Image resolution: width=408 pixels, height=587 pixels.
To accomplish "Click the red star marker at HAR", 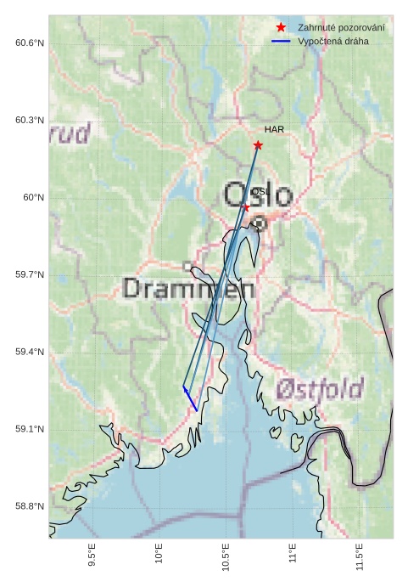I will point(258,145).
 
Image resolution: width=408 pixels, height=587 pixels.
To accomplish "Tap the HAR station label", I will point(274,130).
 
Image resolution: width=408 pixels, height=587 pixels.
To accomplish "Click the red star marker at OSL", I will point(246,207).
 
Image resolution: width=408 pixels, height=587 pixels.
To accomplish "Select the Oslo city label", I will point(258,195).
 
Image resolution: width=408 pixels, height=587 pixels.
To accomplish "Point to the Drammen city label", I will point(188,289).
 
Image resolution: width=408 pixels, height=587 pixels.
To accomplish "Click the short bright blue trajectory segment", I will point(190,399).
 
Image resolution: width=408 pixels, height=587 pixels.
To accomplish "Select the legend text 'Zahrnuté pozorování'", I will point(341,28).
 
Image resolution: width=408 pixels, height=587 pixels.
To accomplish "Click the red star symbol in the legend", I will point(281,28).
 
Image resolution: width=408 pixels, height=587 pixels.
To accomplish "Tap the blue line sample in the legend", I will point(281,41).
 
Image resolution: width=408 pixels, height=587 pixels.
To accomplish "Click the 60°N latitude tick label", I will point(33,198).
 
